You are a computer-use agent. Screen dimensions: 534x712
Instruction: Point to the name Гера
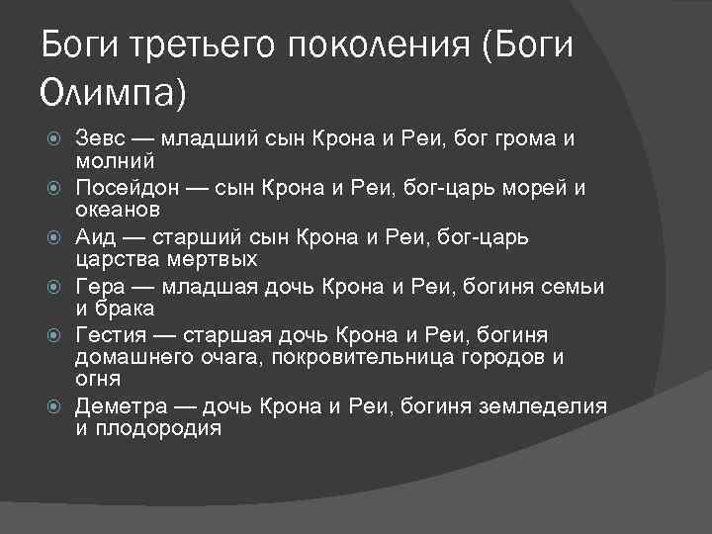coord(101,287)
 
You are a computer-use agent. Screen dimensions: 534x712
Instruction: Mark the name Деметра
coord(119,406)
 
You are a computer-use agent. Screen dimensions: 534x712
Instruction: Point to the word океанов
coord(118,210)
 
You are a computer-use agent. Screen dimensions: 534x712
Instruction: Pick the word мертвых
coord(208,260)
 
